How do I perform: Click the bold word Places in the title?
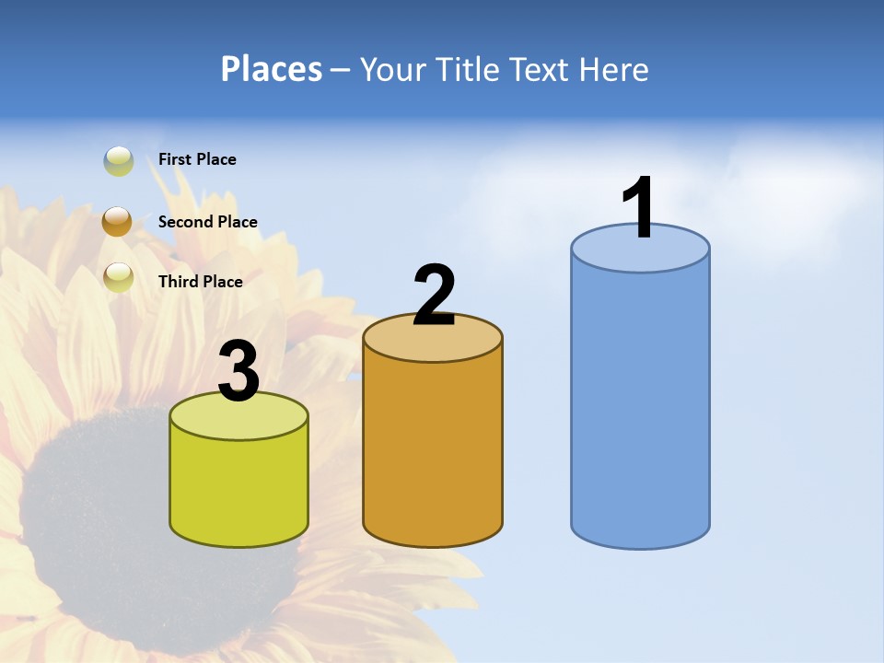tap(272, 69)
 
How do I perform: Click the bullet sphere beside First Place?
tap(119, 161)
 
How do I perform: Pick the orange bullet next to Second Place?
tap(118, 222)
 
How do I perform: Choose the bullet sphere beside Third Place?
tap(119, 277)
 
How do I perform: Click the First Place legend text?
tap(197, 159)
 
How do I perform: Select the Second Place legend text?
tap(207, 222)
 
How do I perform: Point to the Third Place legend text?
tap(200, 282)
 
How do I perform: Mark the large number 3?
tap(238, 371)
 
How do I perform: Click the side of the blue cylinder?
tap(640, 405)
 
